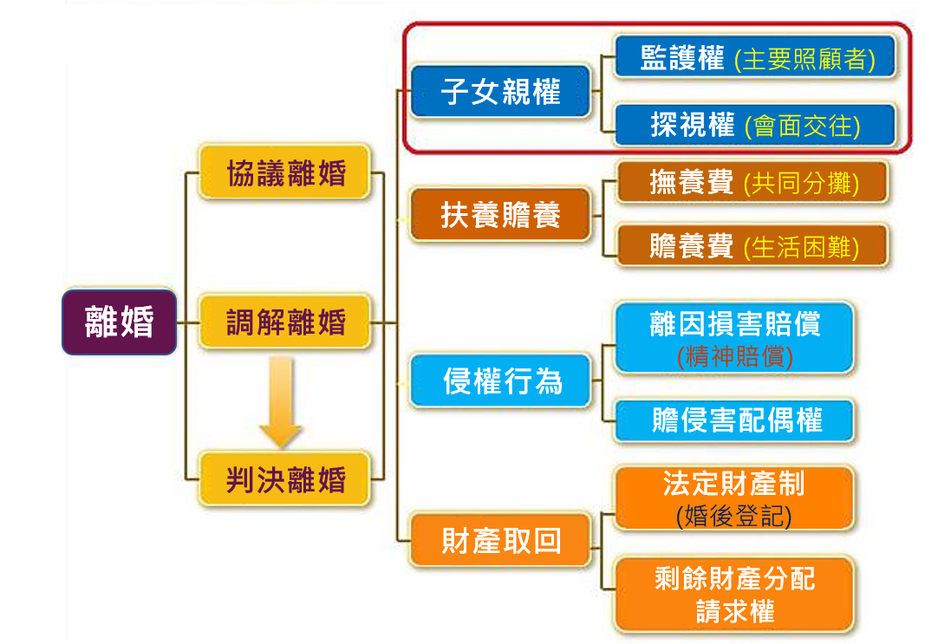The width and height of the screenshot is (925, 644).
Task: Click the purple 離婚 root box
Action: pyautogui.click(x=120, y=322)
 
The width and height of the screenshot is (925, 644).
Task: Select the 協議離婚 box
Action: pyautogui.click(x=285, y=172)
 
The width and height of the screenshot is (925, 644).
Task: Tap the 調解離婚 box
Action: pyautogui.click(x=285, y=322)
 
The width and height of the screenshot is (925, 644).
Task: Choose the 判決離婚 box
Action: pyautogui.click(x=285, y=478)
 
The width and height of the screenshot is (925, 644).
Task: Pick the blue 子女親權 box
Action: pyautogui.click(x=501, y=91)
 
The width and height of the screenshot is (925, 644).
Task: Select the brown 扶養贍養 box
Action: pyautogui.click(x=501, y=215)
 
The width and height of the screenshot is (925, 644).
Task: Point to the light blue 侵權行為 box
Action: pyautogui.click(x=501, y=381)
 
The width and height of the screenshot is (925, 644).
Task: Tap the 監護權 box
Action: pyautogui.click(x=752, y=59)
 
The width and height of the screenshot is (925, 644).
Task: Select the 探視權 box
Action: pyautogui.click(x=752, y=126)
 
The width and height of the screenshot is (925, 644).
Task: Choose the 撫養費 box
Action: pyautogui.click(x=752, y=183)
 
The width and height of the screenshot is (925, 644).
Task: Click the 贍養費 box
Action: pyautogui.click(x=752, y=246)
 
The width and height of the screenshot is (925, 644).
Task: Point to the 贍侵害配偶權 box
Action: pyautogui.click(x=734, y=421)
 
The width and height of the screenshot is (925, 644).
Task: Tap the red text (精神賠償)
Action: pyautogui.click(x=734, y=355)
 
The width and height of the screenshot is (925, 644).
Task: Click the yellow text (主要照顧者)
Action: pyautogui.click(x=804, y=60)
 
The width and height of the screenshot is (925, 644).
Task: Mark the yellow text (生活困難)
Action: pyautogui.click(x=801, y=247)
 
